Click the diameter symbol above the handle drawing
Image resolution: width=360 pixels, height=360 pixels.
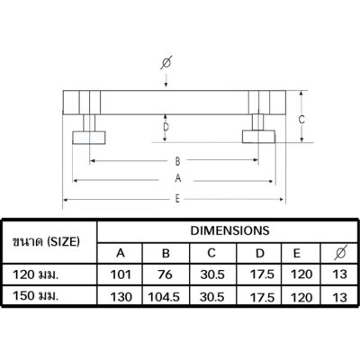pos(166,62)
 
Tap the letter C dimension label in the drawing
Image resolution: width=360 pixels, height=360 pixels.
pos(301,120)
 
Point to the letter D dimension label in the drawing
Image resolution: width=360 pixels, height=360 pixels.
pos(166,128)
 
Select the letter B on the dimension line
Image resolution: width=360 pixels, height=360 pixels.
pos(177,161)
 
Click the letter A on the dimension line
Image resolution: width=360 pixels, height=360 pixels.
pos(178,178)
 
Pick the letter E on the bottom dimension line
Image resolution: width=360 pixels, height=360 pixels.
pos(177,199)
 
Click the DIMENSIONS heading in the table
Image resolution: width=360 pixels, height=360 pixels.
pos(229,230)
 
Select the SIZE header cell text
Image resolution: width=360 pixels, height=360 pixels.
pos(46,241)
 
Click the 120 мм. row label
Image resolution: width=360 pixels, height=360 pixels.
pos(35,274)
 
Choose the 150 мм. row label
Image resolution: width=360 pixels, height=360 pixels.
pos(35,296)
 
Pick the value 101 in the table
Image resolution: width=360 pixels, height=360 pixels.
pos(121,274)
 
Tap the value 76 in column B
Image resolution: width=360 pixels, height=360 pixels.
pos(165,274)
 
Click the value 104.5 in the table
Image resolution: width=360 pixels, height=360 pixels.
pos(164,297)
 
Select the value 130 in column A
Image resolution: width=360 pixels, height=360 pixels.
pos(121,297)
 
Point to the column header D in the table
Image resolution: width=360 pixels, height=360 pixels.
pos(260,254)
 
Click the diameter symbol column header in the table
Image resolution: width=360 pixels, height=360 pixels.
pos(340,253)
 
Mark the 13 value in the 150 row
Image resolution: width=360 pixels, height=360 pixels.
pos(339,297)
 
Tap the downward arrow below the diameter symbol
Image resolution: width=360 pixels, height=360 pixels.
pos(166,80)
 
